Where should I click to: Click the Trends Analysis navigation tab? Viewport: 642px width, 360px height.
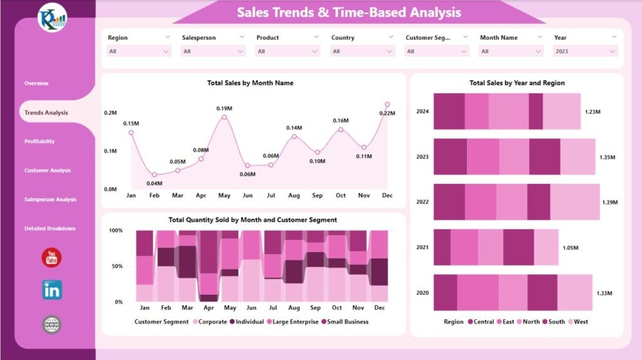click(46, 113)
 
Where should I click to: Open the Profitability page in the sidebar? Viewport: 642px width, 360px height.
click(39, 142)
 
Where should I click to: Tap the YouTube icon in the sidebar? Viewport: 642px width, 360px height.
click(51, 257)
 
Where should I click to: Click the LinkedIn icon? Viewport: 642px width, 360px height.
click(51, 290)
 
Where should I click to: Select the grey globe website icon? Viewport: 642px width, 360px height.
click(51, 324)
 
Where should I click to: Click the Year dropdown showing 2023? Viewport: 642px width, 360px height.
click(586, 51)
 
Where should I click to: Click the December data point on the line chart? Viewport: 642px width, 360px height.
click(387, 105)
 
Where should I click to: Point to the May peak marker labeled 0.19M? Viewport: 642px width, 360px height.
click(224, 117)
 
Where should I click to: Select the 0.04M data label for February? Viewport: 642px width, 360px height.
click(154, 183)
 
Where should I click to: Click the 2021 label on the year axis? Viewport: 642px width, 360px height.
click(422, 248)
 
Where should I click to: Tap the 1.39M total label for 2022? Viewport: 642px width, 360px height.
click(609, 203)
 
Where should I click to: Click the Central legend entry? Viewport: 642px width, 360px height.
click(480, 322)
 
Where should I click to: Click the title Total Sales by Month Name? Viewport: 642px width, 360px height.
click(250, 83)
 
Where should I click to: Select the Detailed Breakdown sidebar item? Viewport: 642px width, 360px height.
click(50, 228)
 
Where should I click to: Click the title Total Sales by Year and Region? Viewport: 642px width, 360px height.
click(517, 83)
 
